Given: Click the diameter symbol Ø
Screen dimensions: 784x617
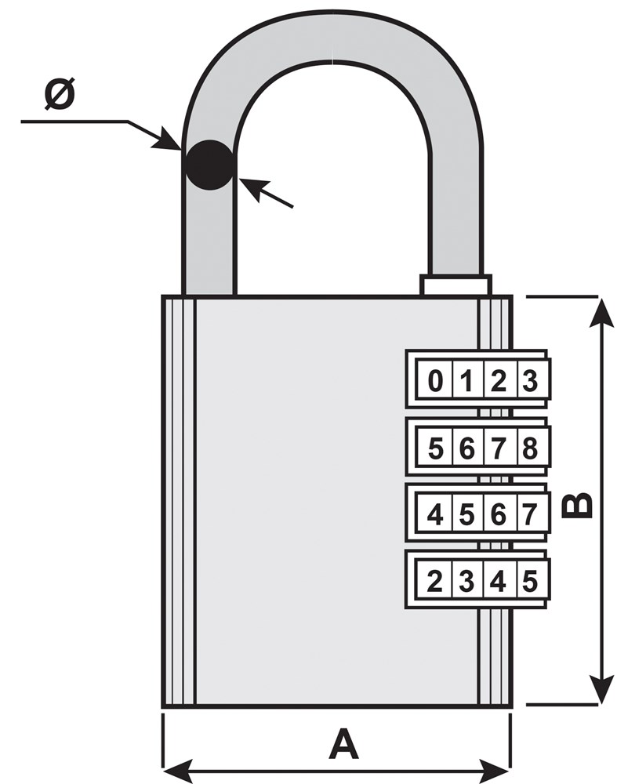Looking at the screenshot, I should click(60, 95).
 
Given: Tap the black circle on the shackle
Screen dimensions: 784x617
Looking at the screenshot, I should click(209, 165).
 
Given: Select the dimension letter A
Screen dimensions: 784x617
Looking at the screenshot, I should click(343, 743).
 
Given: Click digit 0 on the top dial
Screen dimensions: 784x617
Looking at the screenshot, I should click(435, 383).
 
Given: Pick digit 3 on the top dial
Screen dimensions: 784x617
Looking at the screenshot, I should click(529, 383).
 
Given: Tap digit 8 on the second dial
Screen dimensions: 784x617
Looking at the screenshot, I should click(529, 449).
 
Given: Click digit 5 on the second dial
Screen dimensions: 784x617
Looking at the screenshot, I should click(437, 449).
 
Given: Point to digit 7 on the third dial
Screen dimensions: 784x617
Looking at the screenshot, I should click(529, 515).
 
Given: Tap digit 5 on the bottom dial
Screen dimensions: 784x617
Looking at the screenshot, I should click(529, 581).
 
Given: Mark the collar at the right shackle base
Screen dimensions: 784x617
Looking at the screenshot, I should click(456, 285).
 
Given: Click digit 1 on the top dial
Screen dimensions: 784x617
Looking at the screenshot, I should click(466, 383).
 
